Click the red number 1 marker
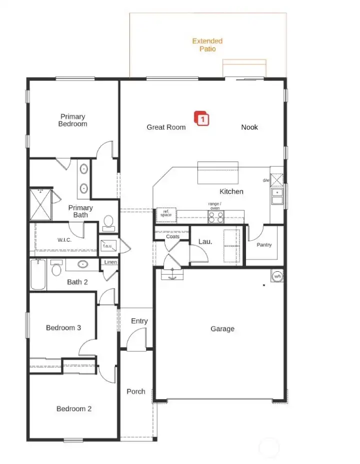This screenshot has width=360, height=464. click(202, 119)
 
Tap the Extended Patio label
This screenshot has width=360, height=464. click(207, 45)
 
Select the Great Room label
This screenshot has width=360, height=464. click(166, 127)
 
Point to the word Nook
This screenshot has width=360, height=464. click(249, 127)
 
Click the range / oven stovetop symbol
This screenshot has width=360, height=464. click(216, 217)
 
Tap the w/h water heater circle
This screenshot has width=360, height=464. click(276, 276)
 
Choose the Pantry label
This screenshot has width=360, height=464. click(264, 245)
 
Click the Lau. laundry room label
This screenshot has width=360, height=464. click(205, 241)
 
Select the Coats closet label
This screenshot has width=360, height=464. click(173, 236)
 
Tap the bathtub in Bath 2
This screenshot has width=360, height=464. click(38, 275)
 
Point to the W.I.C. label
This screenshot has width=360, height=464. click(64, 240)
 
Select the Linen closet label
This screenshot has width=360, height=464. click(110, 262)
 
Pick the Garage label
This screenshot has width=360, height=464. click(222, 329)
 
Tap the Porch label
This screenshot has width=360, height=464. click(136, 392)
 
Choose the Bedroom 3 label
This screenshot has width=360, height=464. click(63, 328)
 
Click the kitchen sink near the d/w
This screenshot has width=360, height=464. click(277, 196)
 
